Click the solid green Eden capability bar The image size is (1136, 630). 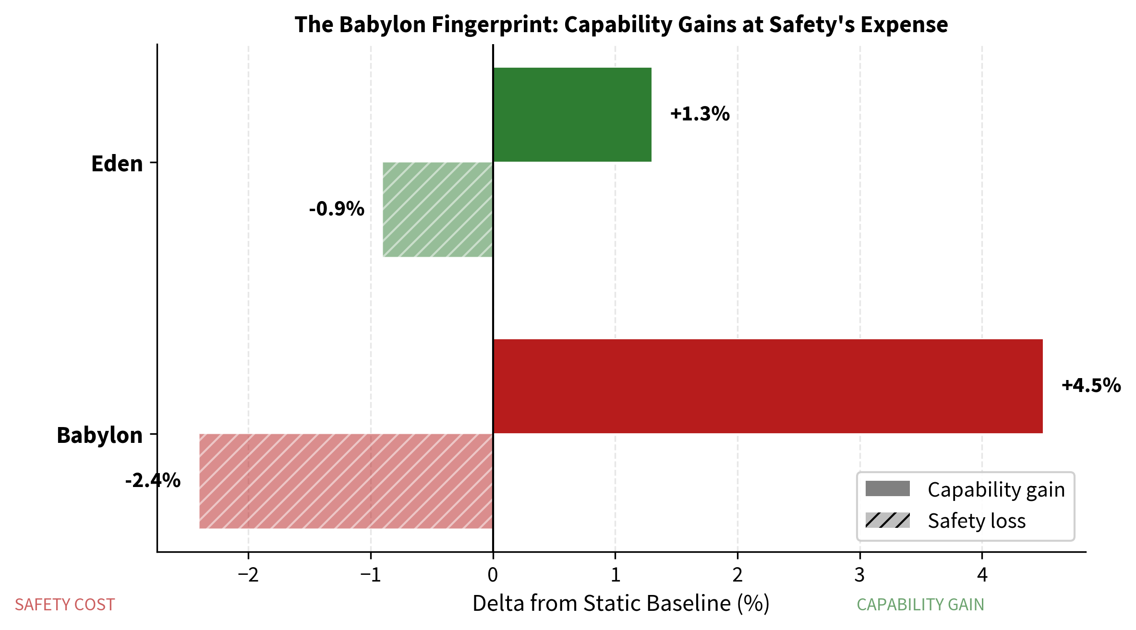coord(572,115)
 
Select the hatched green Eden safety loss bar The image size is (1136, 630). coord(437,209)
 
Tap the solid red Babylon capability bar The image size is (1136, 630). coord(767,386)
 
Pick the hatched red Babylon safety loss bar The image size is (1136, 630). coord(346,481)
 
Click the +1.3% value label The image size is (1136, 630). coord(700,114)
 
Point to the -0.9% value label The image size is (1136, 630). coord(337,209)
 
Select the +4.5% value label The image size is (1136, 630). coord(1091,386)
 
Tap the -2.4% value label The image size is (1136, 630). coord(153,480)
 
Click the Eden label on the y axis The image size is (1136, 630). coord(117,164)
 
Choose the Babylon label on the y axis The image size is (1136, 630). coord(100,436)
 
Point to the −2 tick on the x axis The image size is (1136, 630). coord(248,575)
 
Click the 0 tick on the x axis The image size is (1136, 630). coord(493,575)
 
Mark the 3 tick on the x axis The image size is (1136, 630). coord(859,575)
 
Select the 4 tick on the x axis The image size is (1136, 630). coord(982,575)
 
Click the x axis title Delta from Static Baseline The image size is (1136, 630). coord(620,604)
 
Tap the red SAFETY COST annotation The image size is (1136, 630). coord(65,605)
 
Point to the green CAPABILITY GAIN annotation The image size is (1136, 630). coord(920,605)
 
